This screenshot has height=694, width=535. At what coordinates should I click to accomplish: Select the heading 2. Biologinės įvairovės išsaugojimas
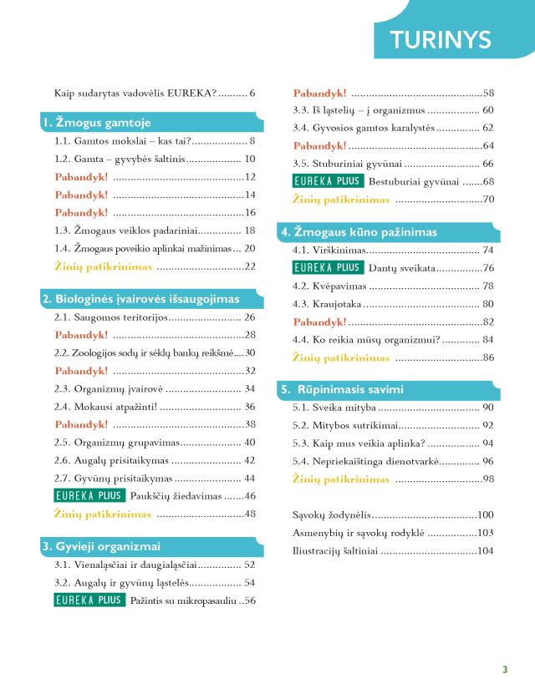click(141, 298)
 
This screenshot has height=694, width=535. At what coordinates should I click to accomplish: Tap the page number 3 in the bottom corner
click(505, 669)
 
